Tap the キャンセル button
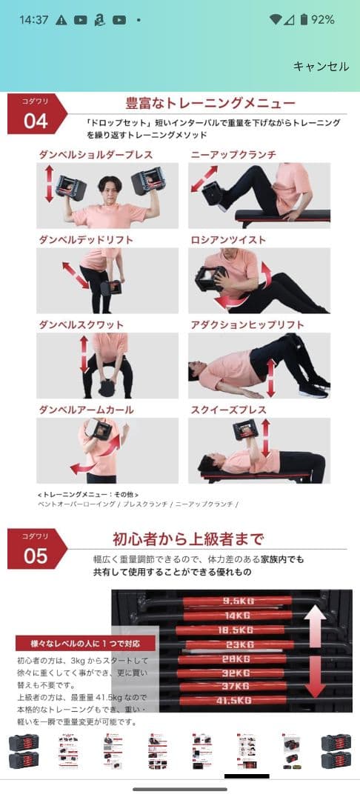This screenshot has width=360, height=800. click(x=321, y=67)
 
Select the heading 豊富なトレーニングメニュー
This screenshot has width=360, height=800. click(x=210, y=103)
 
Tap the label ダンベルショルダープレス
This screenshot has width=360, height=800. click(x=96, y=155)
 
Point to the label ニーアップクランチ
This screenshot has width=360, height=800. click(x=233, y=155)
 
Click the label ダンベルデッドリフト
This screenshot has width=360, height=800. click(x=86, y=240)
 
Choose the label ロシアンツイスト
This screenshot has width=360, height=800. click(x=228, y=240)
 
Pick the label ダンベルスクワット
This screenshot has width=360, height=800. click(x=81, y=325)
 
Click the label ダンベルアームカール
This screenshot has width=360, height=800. click(x=86, y=410)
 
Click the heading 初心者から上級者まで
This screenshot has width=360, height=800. click(x=188, y=539)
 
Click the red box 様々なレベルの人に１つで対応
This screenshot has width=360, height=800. click(x=85, y=644)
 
